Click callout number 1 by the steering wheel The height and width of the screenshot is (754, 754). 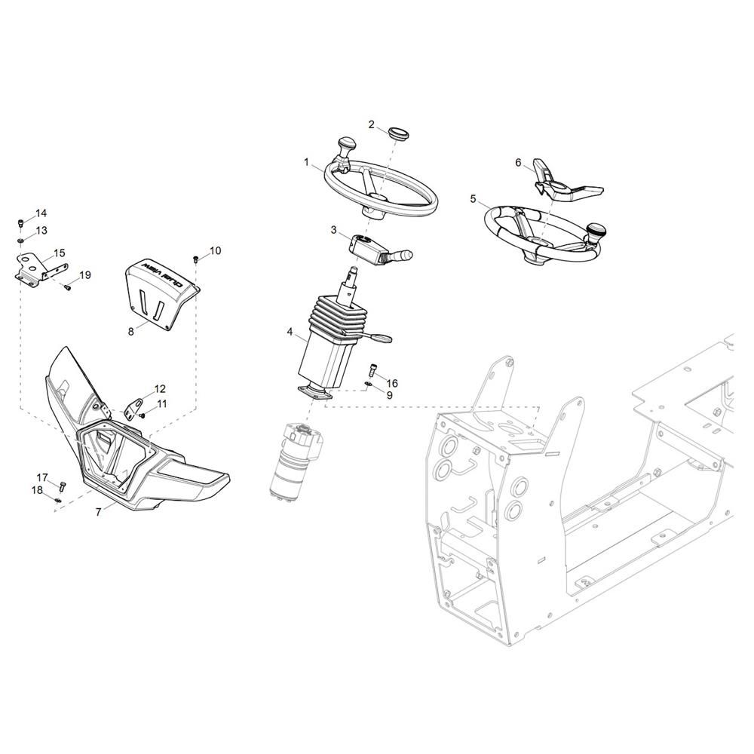(x=307, y=162)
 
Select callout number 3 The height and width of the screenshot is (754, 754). (x=333, y=230)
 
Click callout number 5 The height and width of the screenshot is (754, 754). (x=473, y=200)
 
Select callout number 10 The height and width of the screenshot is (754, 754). (x=215, y=250)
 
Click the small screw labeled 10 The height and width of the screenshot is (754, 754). (x=196, y=259)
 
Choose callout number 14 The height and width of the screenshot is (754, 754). (x=41, y=213)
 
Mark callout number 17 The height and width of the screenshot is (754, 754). (x=43, y=477)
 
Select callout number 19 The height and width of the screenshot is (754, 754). (x=85, y=275)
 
